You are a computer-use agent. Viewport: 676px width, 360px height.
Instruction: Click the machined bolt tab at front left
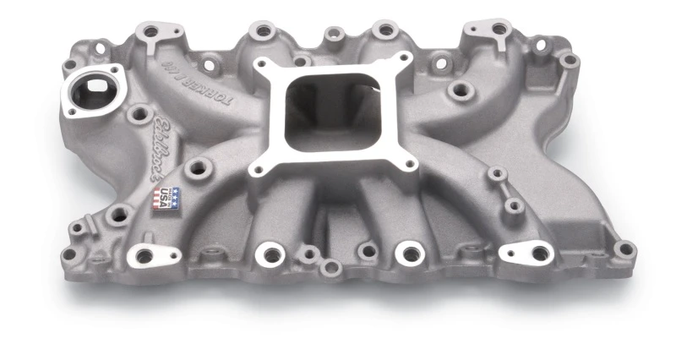154,254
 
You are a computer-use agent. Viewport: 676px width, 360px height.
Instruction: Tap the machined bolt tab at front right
525,252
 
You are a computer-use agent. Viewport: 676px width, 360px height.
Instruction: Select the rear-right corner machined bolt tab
491,32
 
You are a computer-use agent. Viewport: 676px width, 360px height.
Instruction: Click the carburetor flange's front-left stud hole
259,168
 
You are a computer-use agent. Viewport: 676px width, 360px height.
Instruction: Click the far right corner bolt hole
624,248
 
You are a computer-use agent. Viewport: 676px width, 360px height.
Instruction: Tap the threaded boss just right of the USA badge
199,167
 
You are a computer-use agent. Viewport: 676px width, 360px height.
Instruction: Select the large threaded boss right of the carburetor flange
460,90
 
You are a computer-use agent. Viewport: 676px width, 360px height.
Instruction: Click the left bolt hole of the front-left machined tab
143,255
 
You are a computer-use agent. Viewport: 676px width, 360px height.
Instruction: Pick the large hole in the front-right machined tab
536,252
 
